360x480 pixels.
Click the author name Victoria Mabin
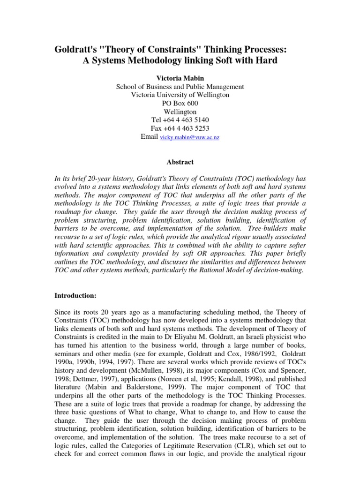point(180,78)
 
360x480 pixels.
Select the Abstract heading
point(180,162)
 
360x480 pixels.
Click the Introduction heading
point(75,296)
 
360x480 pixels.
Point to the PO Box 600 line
point(180,103)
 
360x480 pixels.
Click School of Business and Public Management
point(180,87)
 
